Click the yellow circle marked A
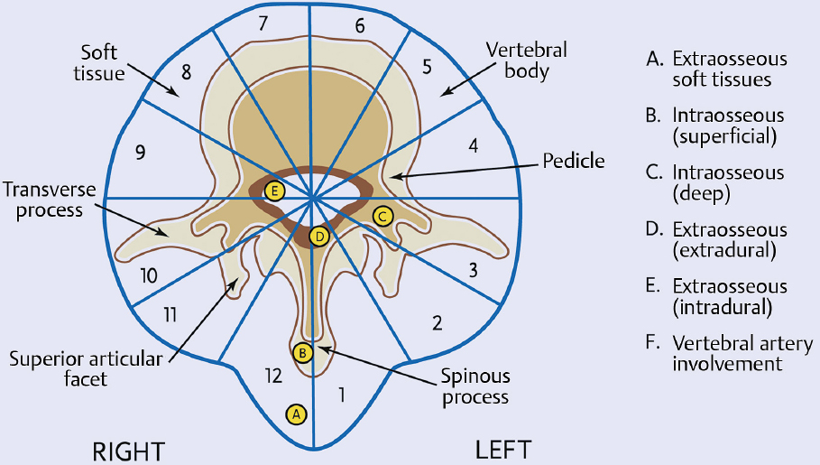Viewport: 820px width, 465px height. [295, 414]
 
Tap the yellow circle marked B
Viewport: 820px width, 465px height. [303, 351]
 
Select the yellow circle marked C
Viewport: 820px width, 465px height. [382, 215]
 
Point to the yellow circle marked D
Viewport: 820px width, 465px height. [318, 237]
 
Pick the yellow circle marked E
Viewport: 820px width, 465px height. [276, 190]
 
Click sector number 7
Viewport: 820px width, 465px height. [263, 24]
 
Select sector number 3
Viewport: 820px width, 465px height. [471, 268]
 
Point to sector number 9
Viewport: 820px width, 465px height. [140, 152]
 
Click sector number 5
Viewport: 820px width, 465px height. [428, 65]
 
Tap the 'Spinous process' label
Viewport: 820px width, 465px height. [474, 386]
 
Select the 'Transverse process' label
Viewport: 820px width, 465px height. [42, 200]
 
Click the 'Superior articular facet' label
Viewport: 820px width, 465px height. [86, 369]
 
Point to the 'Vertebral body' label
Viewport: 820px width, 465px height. [518, 59]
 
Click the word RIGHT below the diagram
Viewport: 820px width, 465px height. [131, 449]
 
